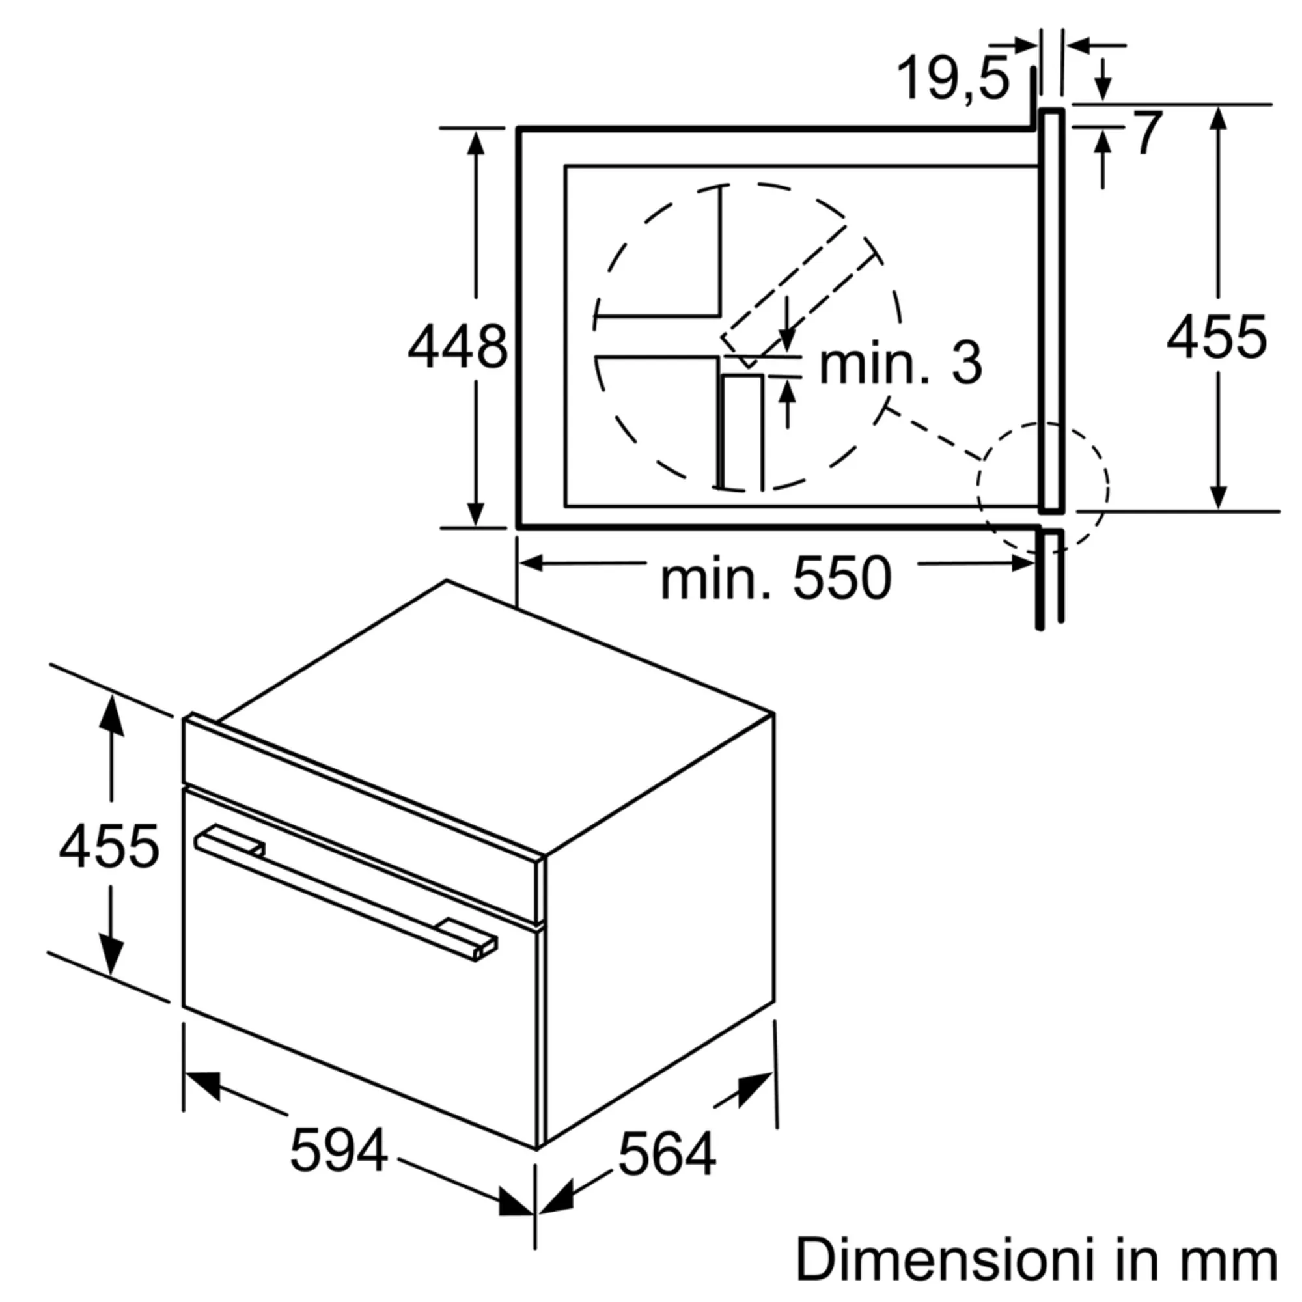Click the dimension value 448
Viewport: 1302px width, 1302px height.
(x=457, y=347)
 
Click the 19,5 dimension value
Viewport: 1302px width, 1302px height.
(x=954, y=79)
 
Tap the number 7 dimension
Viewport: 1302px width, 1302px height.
(x=1148, y=133)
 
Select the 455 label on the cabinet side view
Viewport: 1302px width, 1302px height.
(x=1217, y=337)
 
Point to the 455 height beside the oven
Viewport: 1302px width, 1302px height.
(x=109, y=846)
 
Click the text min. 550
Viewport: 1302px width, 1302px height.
(x=776, y=578)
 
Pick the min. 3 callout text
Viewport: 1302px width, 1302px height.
(x=900, y=364)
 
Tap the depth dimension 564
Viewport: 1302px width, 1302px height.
(x=667, y=1155)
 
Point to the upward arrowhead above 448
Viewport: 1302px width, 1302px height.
(x=476, y=143)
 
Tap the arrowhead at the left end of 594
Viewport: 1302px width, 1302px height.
(x=202, y=1085)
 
